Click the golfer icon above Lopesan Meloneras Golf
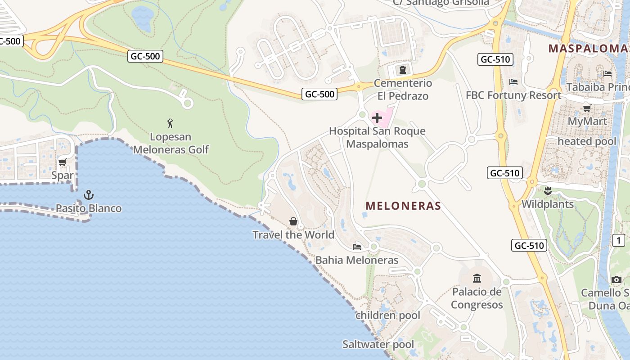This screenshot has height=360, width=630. coord(170,123)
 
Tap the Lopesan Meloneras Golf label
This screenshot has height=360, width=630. coord(171,143)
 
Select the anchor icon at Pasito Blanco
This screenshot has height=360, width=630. coord(89,195)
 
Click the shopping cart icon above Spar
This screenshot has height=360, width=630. coord(63,162)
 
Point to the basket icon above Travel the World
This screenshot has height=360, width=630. coord(293,221)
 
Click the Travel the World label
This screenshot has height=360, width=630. coord(293,235)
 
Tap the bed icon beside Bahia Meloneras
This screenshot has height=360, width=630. coord(357,247)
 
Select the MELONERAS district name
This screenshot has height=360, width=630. coord(403,206)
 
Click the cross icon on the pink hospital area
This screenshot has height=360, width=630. coord(377,118)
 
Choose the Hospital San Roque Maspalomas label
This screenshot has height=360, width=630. coord(377,137)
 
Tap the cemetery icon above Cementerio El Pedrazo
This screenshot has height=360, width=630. coord(402,70)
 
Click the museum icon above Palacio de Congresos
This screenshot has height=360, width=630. coord(477,278)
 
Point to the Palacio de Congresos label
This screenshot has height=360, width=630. coord(477,298)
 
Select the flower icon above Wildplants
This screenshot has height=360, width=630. coord(548,191)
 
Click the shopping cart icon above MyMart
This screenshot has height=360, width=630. coord(587,108)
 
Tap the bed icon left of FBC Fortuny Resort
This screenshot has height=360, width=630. coord(513,81)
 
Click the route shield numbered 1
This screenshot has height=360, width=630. coord(618,240)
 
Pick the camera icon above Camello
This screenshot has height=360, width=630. coord(616,279)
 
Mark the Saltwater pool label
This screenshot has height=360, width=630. coord(378,345)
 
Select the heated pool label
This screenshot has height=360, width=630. coord(587,141)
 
